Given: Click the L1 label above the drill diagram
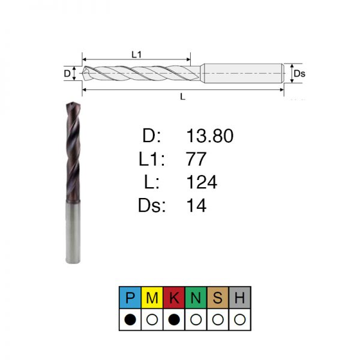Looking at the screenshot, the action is (137, 55).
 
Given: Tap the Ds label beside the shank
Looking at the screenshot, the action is (299, 74).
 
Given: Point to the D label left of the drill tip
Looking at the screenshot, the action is (67, 74).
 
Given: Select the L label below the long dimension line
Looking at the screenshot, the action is (183, 97).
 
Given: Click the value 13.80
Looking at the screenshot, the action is (210, 136).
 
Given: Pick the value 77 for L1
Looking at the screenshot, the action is (196, 159).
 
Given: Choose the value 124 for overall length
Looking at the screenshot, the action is (202, 182).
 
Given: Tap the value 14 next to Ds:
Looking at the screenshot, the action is (197, 205).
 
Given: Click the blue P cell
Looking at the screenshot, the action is (130, 298).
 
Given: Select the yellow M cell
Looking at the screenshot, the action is (152, 298).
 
